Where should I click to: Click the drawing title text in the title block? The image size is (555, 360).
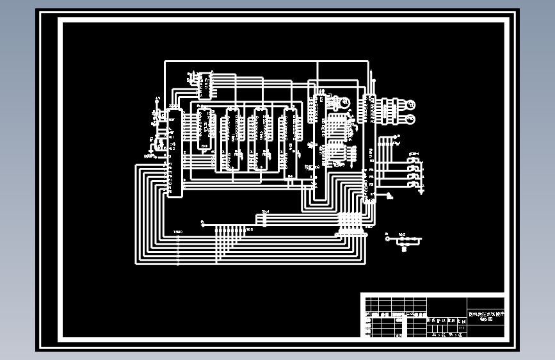coord(485,316)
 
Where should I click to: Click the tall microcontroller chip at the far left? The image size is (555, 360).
coord(173,151)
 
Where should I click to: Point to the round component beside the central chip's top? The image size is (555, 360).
coord(344,102)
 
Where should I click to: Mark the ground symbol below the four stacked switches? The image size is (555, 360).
coord(421,190)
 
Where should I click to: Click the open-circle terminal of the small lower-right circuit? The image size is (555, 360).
coord(387,239)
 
